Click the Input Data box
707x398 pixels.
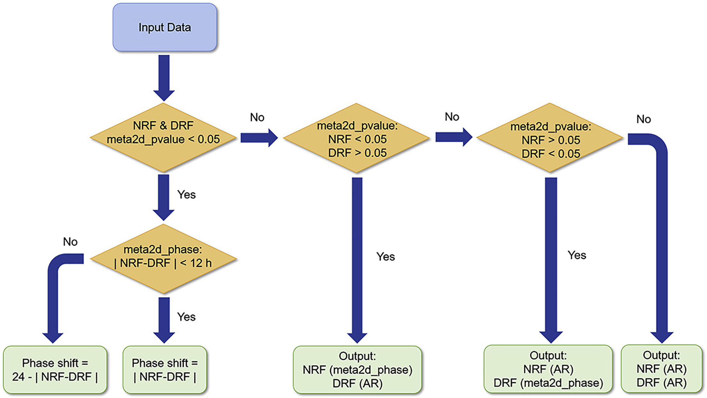coord(165,28)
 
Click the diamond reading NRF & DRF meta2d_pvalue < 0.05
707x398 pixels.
coord(163,138)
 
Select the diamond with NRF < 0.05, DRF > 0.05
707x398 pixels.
coord(356,138)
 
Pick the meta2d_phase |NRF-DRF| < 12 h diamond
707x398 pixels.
coord(163,259)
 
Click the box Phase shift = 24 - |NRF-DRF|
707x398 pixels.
coord(55,370)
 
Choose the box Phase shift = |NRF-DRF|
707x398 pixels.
coord(165,370)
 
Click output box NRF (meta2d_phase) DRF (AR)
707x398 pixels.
coord(357,370)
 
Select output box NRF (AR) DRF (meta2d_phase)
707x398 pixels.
coord(548,369)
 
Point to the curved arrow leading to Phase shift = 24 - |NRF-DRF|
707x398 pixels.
coord(53,298)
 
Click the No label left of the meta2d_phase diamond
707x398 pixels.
coord(70,242)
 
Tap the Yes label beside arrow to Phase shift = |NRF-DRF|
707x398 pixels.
coord(186,317)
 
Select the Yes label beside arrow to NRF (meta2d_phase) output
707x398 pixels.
coord(386,256)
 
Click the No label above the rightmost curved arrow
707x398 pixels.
coord(643,119)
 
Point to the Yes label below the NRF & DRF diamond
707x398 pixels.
coord(186,194)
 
